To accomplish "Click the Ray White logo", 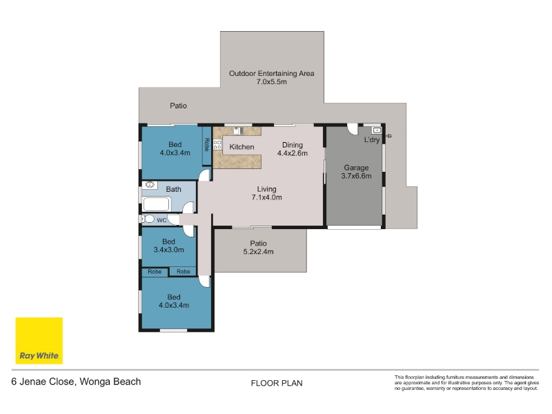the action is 39,340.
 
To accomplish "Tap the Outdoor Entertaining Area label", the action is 271,74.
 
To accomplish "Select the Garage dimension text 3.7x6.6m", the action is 356,176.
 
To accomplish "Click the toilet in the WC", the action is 148,219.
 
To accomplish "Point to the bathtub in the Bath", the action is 157,204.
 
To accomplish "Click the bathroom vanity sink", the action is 150,184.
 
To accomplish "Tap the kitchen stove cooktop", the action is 217,145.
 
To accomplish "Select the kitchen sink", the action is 237,131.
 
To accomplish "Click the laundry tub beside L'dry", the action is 377,130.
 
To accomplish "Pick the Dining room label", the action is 292,145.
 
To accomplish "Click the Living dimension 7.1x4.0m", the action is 266,197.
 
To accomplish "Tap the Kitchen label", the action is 241,147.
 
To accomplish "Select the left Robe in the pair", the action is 155,272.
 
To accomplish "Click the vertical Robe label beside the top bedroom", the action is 206,145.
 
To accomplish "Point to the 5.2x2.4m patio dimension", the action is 258,252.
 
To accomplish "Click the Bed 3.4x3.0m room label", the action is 168,246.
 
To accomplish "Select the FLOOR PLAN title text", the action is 277,383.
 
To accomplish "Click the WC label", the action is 161,220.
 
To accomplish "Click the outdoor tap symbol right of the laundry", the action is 388,135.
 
